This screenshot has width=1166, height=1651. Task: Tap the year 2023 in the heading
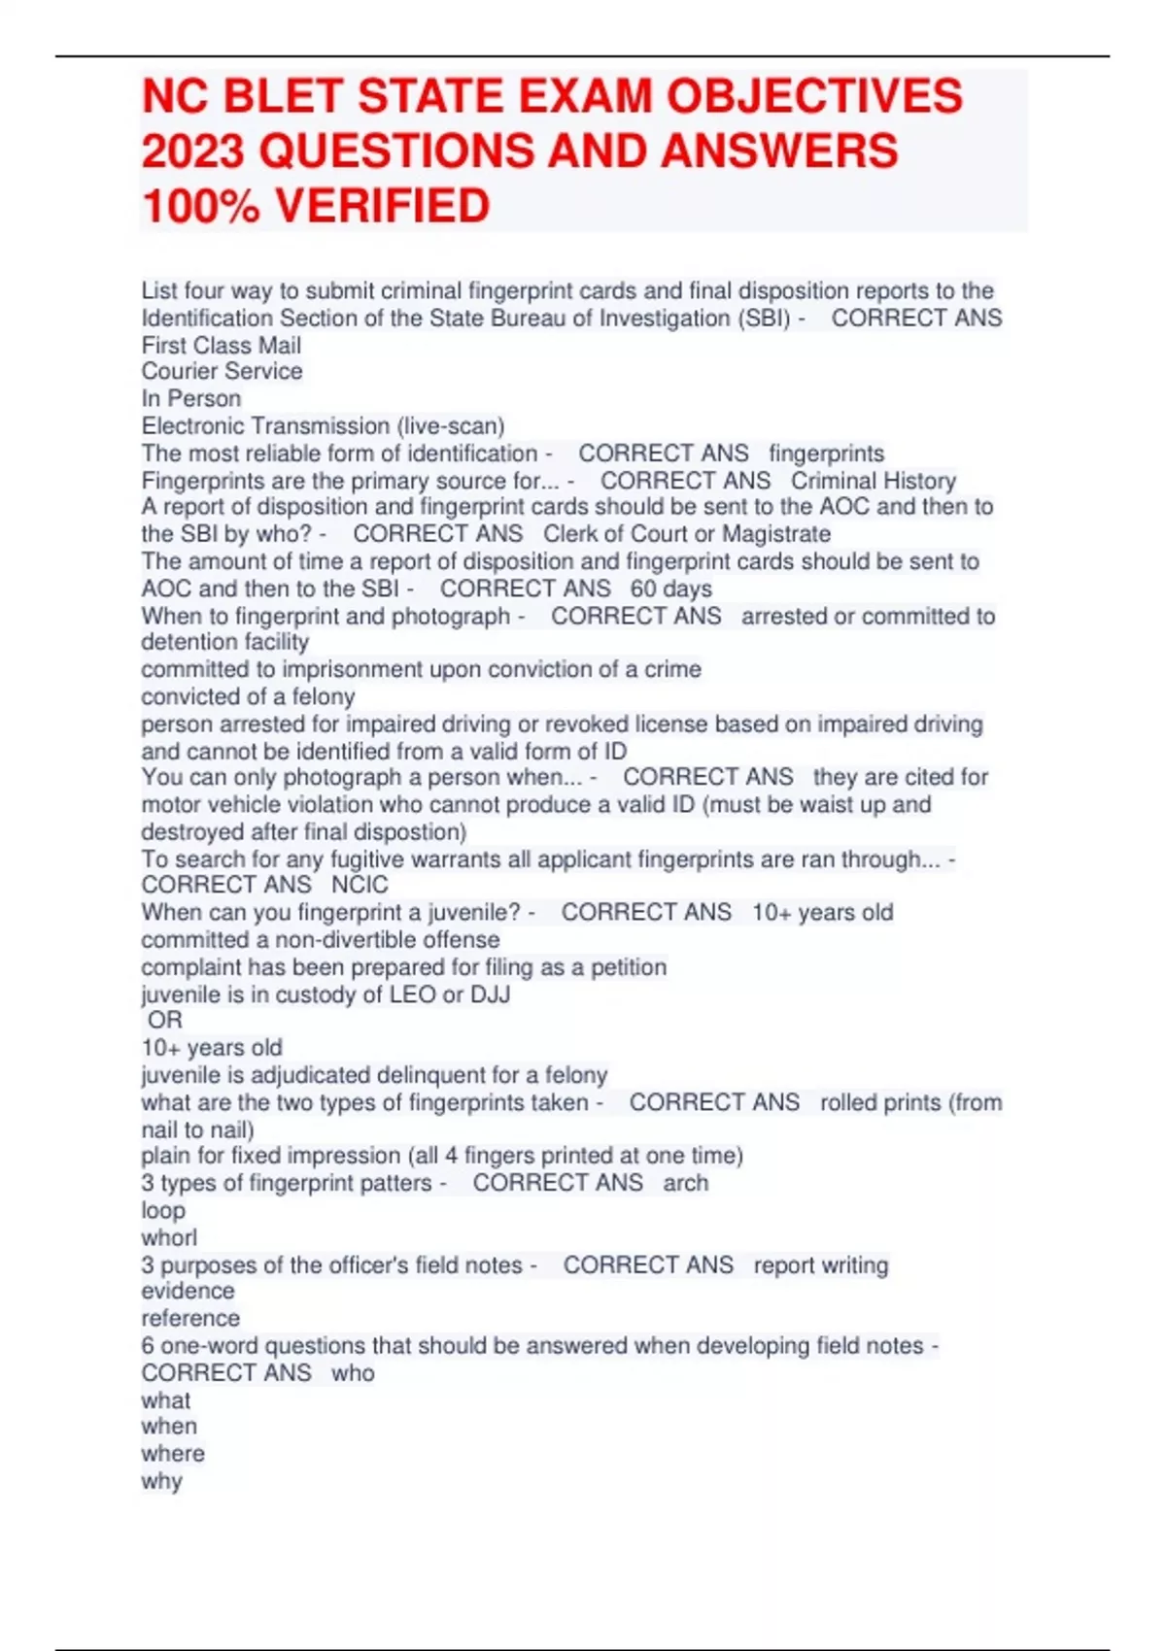coord(192,152)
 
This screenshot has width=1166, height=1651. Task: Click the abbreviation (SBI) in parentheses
coord(765,319)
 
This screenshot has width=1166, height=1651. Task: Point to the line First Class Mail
coord(221,346)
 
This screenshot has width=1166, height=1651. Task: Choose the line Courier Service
coord(222,371)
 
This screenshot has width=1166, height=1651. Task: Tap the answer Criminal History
coord(873,481)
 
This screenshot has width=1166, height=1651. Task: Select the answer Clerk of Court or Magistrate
coord(686,534)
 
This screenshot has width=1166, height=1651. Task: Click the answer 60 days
coord(670,589)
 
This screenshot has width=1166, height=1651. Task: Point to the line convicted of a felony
coord(248,696)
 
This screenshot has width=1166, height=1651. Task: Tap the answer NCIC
coord(360,885)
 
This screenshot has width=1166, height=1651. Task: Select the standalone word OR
coord(164,1020)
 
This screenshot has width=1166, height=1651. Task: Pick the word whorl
coord(168,1237)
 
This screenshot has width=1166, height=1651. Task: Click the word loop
coord(162,1210)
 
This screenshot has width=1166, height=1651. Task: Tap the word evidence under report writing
coord(188,1291)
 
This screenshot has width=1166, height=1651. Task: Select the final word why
coord(161,1481)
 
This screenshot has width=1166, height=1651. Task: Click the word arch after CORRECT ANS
coord(685,1183)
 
